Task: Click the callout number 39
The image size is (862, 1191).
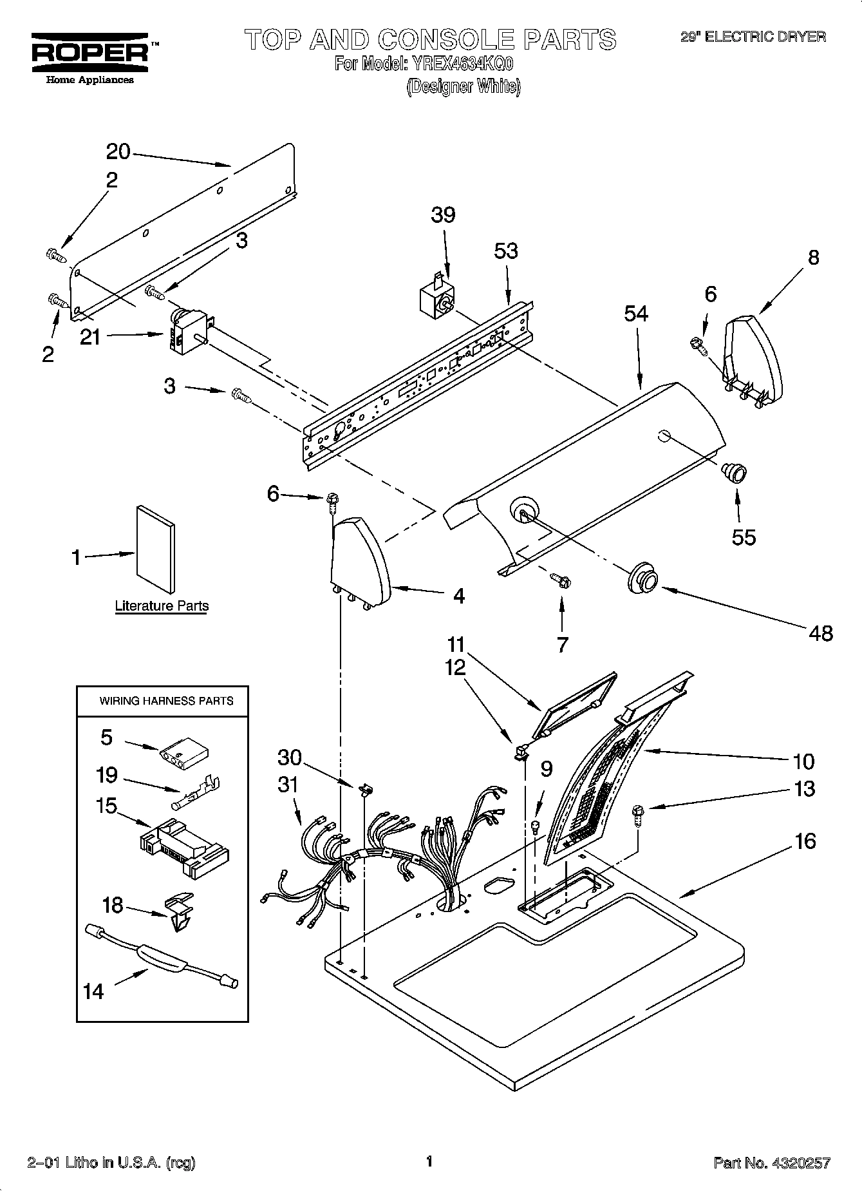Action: [443, 214]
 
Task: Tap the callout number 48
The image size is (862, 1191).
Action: [820, 633]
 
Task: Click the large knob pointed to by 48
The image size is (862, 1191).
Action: [643, 576]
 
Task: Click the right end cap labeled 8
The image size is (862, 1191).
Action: [753, 357]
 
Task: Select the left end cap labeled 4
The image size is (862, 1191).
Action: [359, 559]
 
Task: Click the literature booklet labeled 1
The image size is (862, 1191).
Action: [155, 549]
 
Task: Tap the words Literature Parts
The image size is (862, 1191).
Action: [162, 606]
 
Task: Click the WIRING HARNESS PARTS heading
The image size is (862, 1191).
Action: [165, 701]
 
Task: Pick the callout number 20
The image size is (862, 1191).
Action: [118, 152]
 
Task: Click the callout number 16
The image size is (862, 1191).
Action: [805, 841]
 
